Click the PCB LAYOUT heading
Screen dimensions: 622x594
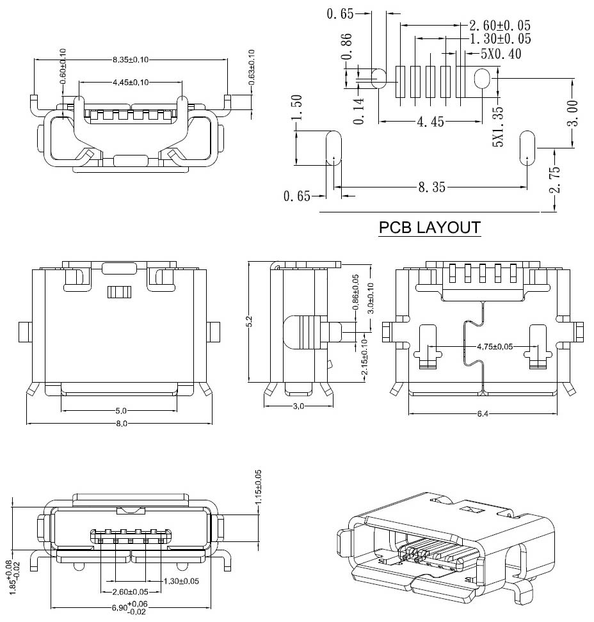pos(429,227)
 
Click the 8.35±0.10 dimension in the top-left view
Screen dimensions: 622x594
pos(131,60)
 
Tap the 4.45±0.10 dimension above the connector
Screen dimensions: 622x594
pos(131,83)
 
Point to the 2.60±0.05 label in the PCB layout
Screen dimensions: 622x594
pos(500,26)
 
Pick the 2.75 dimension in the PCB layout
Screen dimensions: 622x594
pos(555,180)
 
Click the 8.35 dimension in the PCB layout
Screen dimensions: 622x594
pos(432,187)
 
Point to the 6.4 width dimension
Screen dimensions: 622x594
pos(483,414)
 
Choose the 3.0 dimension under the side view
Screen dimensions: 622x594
pos(298,406)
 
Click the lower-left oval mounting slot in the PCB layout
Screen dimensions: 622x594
pos(334,148)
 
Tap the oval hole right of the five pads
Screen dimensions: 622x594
pos(482,79)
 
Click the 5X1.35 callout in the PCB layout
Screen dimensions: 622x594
pos(499,127)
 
